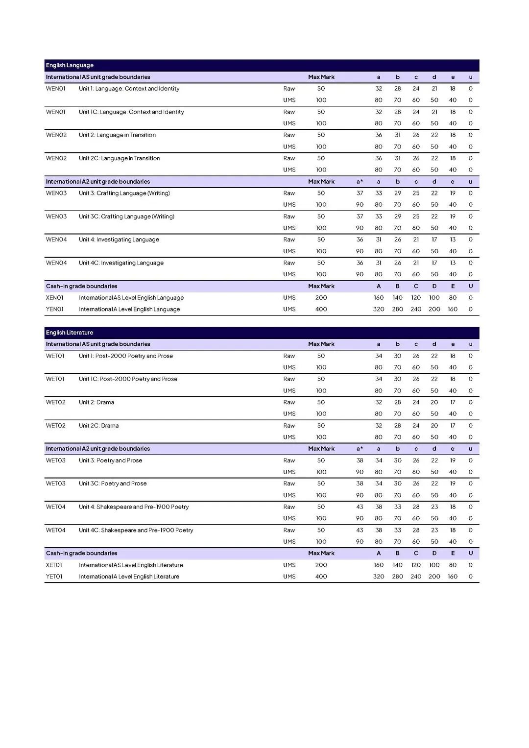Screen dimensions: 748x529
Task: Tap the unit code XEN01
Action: point(55,298)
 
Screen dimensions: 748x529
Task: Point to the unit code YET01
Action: point(54,577)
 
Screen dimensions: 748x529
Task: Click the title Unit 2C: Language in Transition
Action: point(119,158)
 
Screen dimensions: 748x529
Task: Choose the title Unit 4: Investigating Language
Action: point(119,240)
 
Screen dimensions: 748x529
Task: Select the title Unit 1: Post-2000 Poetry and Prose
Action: point(125,356)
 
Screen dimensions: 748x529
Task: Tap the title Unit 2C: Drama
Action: point(98,426)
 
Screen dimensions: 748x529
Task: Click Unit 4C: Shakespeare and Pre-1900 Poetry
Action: point(136,530)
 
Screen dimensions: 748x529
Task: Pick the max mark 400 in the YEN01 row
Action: point(321,310)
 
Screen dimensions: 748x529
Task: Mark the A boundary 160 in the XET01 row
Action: point(379,565)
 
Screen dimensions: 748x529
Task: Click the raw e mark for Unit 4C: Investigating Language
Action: point(453,263)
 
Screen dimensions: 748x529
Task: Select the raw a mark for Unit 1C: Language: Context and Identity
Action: point(379,112)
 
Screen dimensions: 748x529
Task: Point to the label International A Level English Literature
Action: point(129,577)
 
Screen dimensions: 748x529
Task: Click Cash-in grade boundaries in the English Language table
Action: point(82,286)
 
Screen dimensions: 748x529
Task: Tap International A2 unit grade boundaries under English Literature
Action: point(98,449)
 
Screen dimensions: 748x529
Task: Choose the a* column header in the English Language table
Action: point(360,182)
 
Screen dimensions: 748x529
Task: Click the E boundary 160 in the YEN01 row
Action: point(453,310)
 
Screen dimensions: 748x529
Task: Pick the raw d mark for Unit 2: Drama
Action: point(434,402)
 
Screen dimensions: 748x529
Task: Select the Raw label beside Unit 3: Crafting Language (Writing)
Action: point(289,193)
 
